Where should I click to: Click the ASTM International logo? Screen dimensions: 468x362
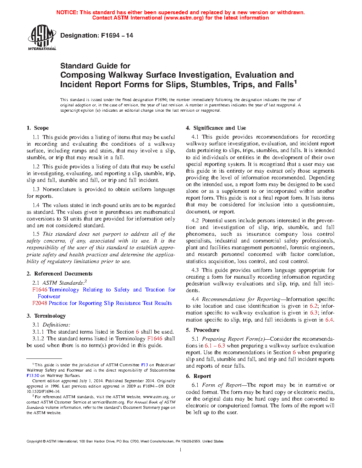click(42, 37)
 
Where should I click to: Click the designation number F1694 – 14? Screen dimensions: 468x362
click(117, 35)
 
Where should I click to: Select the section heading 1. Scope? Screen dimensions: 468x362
click(38, 128)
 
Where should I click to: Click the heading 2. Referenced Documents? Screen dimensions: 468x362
click(59, 274)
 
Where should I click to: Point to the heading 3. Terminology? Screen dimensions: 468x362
click(46, 316)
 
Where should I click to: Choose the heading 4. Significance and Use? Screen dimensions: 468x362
click(216, 128)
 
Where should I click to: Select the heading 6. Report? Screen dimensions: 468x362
click(198, 376)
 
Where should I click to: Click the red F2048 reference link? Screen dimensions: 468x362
click(39, 303)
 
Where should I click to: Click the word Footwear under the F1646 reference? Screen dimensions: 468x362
click(49, 296)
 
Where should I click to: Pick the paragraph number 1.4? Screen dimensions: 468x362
click(36, 205)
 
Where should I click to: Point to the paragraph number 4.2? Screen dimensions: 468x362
click(195, 221)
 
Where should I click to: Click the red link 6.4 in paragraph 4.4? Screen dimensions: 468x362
click(329, 320)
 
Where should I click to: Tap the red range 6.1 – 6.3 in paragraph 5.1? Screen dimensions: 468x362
click(215, 346)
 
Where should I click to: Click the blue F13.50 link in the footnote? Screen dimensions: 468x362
click(33, 375)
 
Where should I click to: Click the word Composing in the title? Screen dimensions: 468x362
click(83, 75)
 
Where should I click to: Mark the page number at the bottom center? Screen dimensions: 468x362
click(181, 450)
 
